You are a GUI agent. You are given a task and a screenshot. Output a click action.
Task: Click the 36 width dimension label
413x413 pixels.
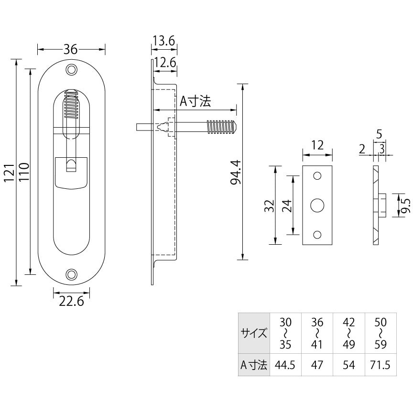[x=71, y=49]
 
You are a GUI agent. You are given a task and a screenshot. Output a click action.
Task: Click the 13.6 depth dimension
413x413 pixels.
[x=164, y=41]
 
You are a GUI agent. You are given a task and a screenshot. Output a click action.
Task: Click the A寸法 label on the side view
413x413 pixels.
[x=195, y=101]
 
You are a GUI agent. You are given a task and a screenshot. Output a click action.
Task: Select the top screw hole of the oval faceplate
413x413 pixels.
[x=72, y=70]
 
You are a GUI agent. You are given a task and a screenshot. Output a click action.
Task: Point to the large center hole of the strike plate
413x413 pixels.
[x=317, y=206]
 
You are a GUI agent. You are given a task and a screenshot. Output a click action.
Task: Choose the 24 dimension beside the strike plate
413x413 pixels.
[x=286, y=206]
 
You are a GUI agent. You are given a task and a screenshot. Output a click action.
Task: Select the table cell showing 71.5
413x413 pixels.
[x=380, y=366]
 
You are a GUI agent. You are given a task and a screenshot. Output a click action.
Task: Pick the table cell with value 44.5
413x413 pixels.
[x=285, y=366]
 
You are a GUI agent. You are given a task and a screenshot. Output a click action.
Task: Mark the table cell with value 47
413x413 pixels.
[x=317, y=366]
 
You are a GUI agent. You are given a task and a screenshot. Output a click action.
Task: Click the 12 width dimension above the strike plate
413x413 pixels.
[x=317, y=145]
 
